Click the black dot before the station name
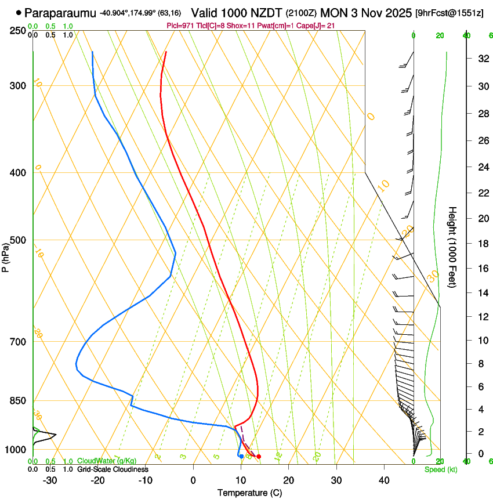coord(19,12)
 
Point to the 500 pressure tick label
coord(18,240)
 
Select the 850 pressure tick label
coord(18,401)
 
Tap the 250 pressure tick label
coord(18,30)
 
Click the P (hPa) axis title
coord(6,256)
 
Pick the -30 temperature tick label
coord(50,480)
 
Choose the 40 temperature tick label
coord(384,480)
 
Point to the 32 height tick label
coord(483,59)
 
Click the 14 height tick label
coord(483,293)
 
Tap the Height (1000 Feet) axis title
coord(453,247)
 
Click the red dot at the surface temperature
coord(259,457)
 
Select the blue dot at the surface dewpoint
coord(241,457)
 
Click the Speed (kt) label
coord(440,469)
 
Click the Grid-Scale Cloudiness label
coord(113,469)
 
